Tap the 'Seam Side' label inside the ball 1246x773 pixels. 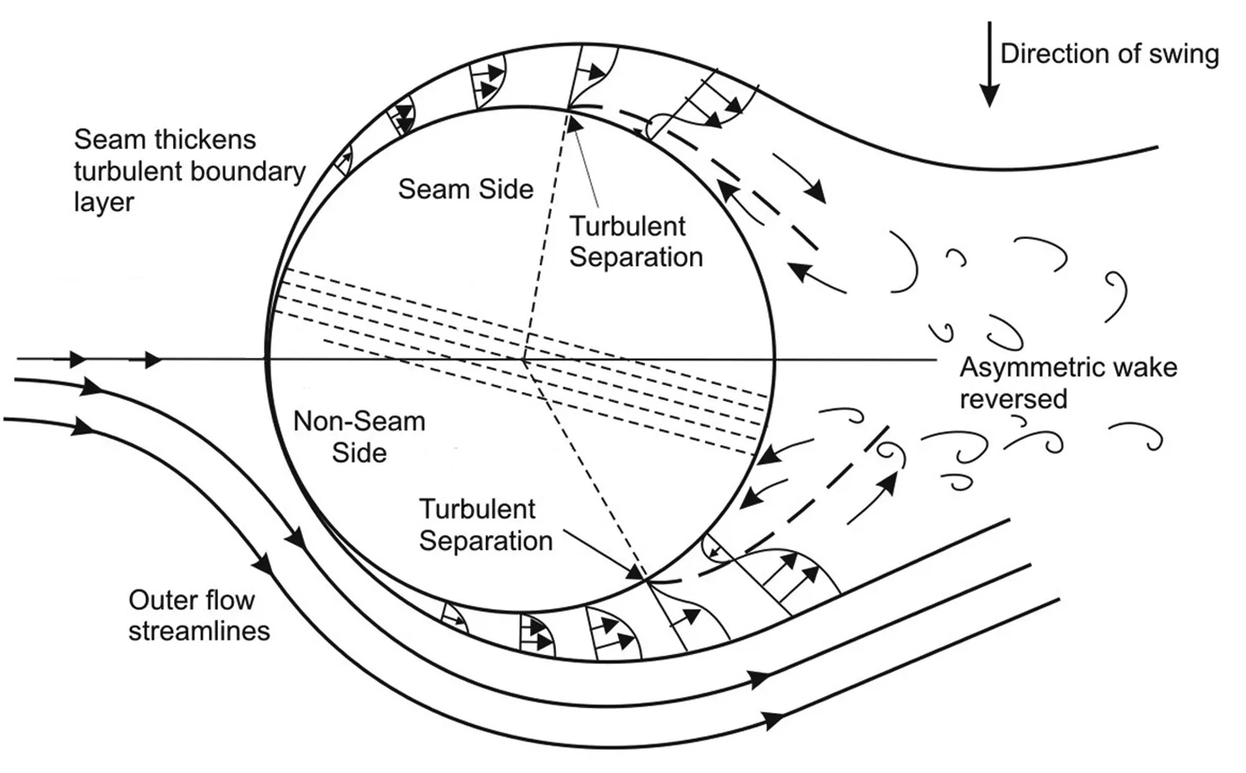[x=465, y=189]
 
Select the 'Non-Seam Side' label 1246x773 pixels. [x=360, y=437]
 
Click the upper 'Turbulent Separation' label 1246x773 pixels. [x=635, y=241]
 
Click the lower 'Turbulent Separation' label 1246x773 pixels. [x=485, y=524]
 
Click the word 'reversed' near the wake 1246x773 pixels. [x=1013, y=399]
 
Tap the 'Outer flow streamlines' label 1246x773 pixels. [x=198, y=615]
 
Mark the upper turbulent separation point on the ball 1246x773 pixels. [x=570, y=107]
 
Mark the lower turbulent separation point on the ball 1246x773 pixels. [x=644, y=578]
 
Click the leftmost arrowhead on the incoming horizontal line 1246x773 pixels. [x=77, y=359]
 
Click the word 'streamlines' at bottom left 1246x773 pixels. [x=199, y=631]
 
